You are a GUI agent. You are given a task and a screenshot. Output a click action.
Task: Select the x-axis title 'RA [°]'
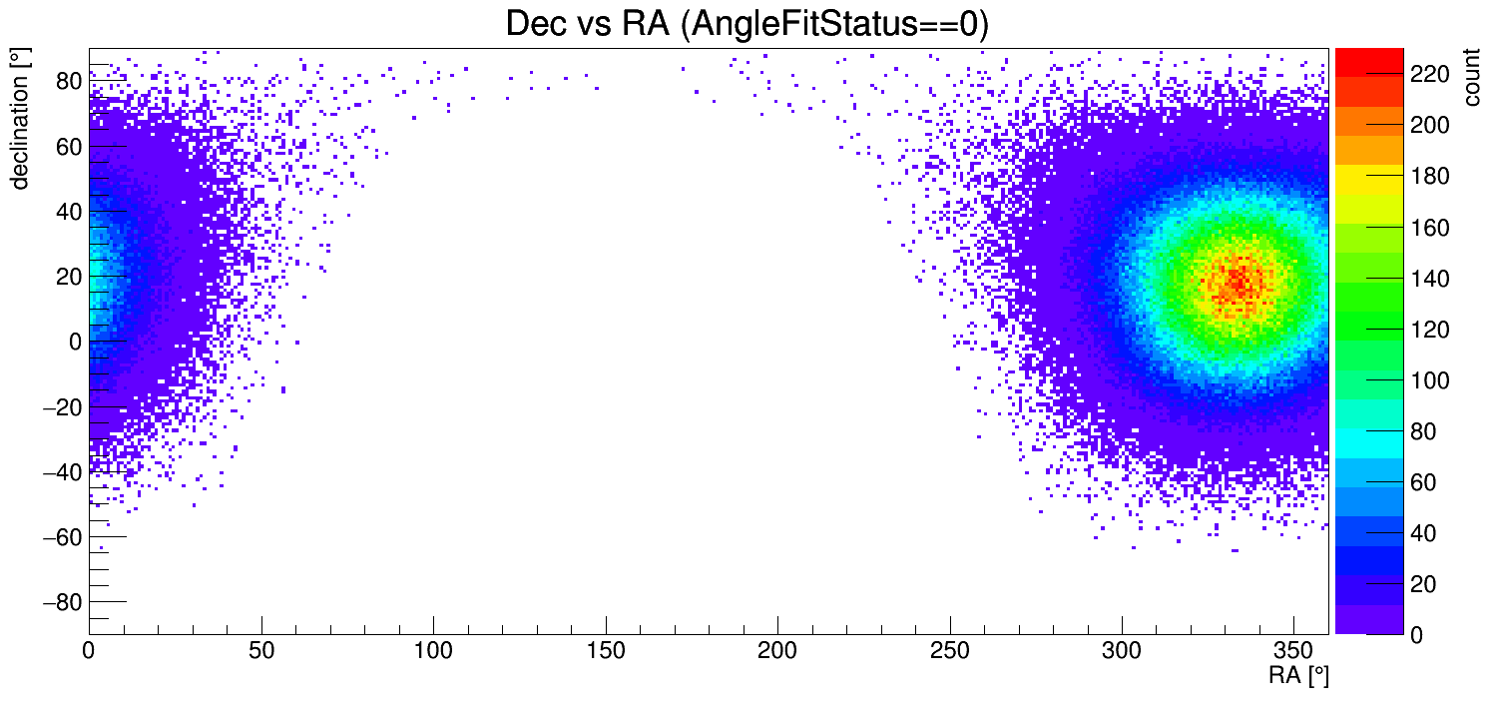[x=1297, y=676]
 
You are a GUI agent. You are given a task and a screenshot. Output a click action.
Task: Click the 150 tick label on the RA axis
[x=606, y=651]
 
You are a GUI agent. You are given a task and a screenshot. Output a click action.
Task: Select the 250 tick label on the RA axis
[x=950, y=651]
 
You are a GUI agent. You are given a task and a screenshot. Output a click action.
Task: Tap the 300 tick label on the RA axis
[x=1122, y=651]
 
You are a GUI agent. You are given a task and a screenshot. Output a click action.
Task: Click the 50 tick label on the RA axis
[x=261, y=651]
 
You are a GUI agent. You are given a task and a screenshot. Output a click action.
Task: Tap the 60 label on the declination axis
[x=68, y=147]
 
